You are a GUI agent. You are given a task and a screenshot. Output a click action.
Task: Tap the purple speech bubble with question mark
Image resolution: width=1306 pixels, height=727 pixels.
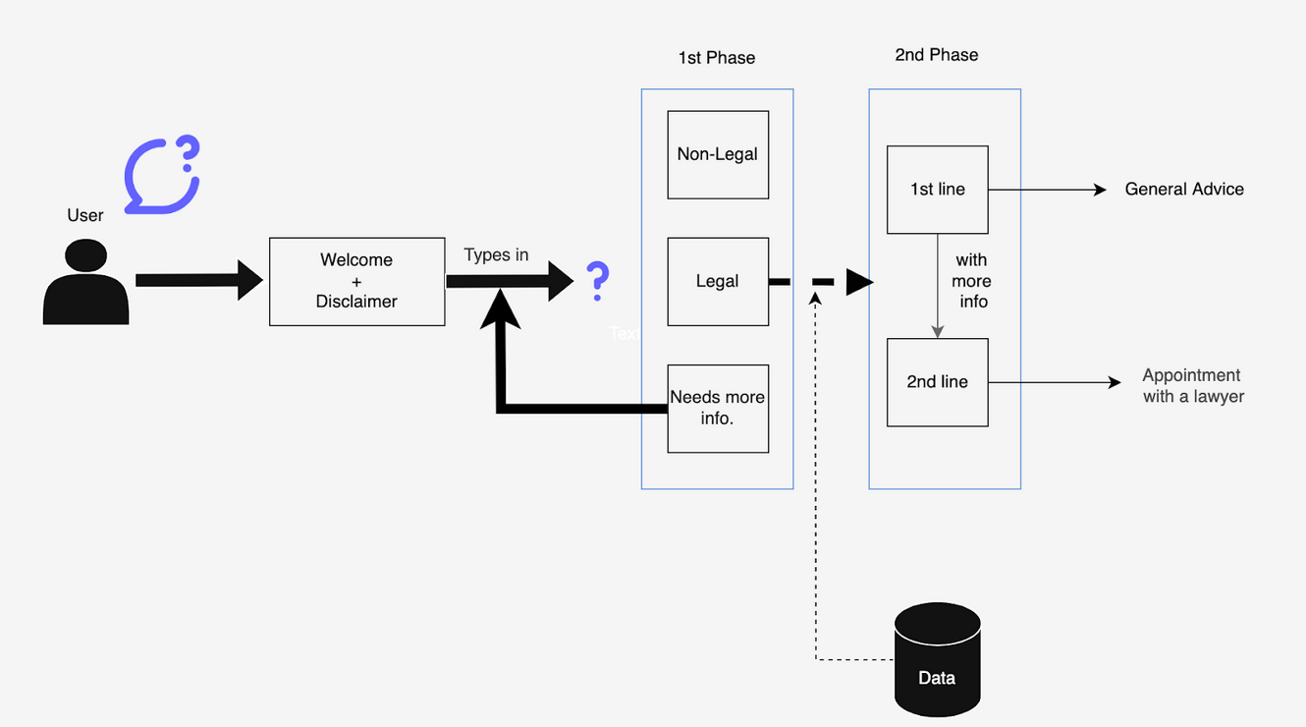point(161,176)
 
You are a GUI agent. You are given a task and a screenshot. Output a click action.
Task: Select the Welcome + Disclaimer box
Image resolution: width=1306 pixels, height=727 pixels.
point(356,281)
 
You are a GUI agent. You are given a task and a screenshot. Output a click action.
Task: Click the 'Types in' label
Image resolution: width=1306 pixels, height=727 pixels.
point(496,255)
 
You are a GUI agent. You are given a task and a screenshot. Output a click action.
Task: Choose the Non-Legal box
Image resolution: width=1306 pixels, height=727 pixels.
point(717,154)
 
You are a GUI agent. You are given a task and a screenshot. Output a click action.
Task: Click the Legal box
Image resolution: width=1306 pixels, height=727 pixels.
point(717,281)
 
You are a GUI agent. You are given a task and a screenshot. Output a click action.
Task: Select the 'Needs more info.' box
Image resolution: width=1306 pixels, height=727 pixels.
point(717,409)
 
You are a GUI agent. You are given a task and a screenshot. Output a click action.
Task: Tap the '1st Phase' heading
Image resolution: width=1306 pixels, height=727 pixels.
point(716,58)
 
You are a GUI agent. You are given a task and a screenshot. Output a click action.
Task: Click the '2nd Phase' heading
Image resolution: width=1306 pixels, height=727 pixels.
point(936,55)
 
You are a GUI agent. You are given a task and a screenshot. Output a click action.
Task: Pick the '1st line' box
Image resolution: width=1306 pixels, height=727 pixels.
point(937,190)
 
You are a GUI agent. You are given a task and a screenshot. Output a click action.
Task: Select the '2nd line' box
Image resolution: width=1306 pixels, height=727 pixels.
point(937,382)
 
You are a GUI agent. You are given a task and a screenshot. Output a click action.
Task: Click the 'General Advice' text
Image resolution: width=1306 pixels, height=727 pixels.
point(1183,190)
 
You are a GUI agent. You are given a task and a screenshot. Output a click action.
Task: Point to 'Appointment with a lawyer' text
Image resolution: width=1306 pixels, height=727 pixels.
point(1192,386)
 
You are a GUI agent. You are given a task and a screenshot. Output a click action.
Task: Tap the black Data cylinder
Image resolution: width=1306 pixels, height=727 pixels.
point(937,659)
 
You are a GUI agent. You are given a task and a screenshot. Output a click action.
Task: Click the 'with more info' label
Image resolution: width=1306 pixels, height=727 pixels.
point(972,281)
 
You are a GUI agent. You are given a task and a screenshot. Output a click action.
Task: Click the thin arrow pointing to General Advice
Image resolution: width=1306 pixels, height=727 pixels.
point(1047,190)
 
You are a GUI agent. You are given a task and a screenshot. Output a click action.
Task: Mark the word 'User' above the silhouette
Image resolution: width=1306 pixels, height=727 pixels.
point(85,215)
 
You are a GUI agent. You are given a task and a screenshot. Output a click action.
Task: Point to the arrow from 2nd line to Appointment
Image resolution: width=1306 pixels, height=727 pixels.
point(1054,382)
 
